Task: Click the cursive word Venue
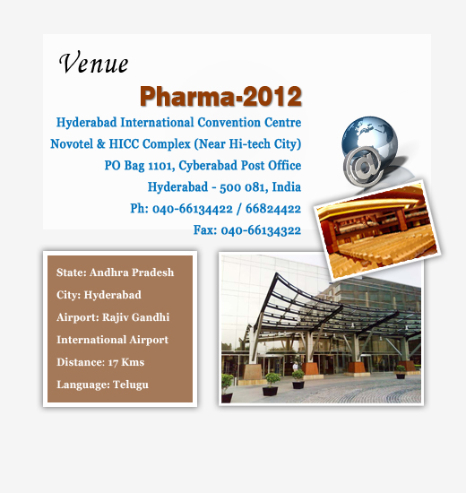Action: coord(93,63)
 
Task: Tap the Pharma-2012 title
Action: coord(220,97)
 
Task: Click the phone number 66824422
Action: coord(273,209)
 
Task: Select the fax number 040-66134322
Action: coord(261,230)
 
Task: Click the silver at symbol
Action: coord(363,166)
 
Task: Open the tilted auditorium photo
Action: coord(377,229)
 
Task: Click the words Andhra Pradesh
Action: coord(132,272)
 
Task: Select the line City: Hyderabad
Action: coord(99,295)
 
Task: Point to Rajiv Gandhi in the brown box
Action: coord(135,317)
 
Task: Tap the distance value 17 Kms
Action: coord(126,362)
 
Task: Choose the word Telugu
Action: coord(131,385)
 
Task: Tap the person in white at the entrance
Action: coord(295,367)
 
